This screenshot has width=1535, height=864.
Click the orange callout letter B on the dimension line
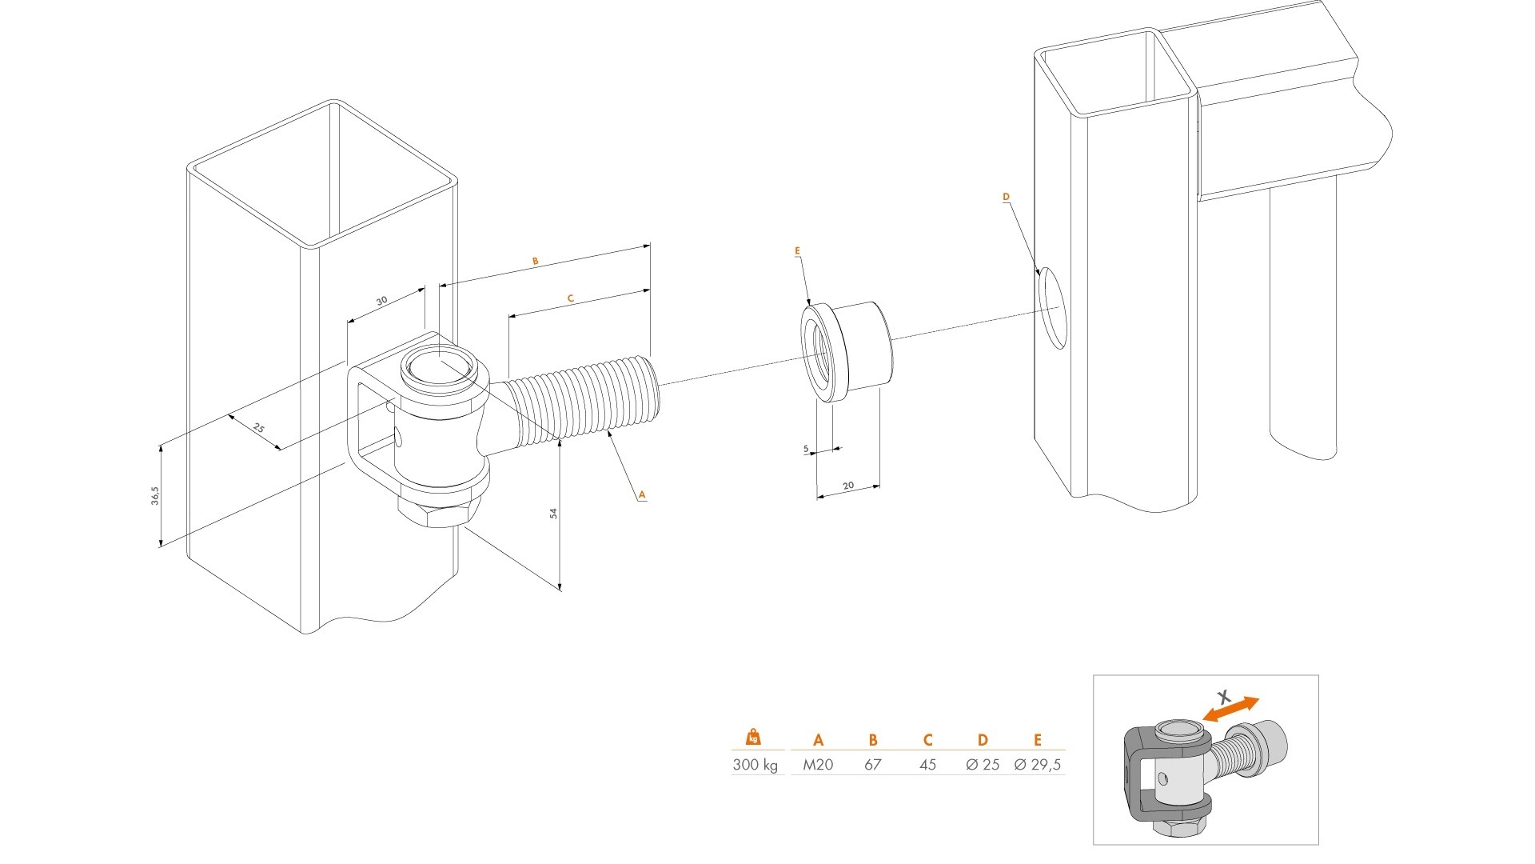pyautogui.click(x=536, y=262)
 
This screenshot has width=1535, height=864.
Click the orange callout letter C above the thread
pyautogui.click(x=571, y=298)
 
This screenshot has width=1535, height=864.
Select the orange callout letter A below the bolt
pyautogui.click(x=641, y=495)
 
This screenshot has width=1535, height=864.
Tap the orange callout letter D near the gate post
pyautogui.click(x=1006, y=197)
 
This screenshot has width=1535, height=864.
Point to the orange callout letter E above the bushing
pyautogui.click(x=797, y=251)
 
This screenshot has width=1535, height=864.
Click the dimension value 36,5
pyautogui.click(x=155, y=495)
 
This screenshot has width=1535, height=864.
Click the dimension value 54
pyautogui.click(x=553, y=514)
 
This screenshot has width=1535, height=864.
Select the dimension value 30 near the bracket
pyautogui.click(x=382, y=301)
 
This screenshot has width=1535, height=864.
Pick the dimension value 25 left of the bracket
pyautogui.click(x=258, y=428)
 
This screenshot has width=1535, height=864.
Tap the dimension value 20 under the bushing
pyautogui.click(x=848, y=486)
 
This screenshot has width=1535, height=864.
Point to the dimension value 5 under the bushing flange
pyautogui.click(x=806, y=450)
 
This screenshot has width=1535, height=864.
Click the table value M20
pyautogui.click(x=818, y=765)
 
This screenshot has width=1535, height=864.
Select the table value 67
pyautogui.click(x=872, y=765)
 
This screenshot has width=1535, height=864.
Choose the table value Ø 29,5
pyautogui.click(x=1038, y=765)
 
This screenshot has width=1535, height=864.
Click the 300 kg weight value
pyautogui.click(x=755, y=765)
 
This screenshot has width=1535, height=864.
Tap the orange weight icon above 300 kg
pyautogui.click(x=752, y=738)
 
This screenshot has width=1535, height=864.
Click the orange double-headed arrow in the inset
pyautogui.click(x=1232, y=709)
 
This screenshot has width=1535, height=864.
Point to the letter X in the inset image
pyautogui.click(x=1223, y=696)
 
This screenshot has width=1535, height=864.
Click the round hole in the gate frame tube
pyautogui.click(x=1053, y=308)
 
